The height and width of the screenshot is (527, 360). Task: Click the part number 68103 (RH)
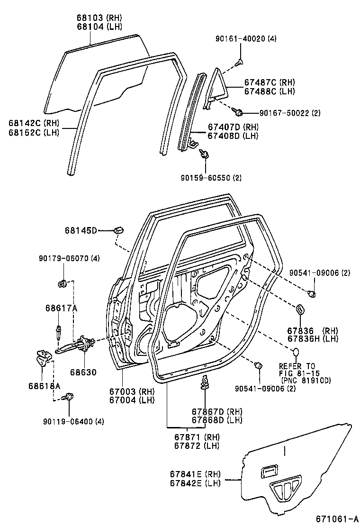[x=98, y=17]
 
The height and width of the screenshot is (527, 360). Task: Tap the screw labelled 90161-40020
[x=240, y=61]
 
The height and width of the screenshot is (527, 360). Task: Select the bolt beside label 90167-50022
[x=239, y=112]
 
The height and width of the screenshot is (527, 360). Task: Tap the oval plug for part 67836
[x=300, y=310]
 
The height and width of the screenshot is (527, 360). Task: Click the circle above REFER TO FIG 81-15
[x=295, y=352]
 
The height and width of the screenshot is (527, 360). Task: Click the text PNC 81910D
[x=306, y=380]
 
